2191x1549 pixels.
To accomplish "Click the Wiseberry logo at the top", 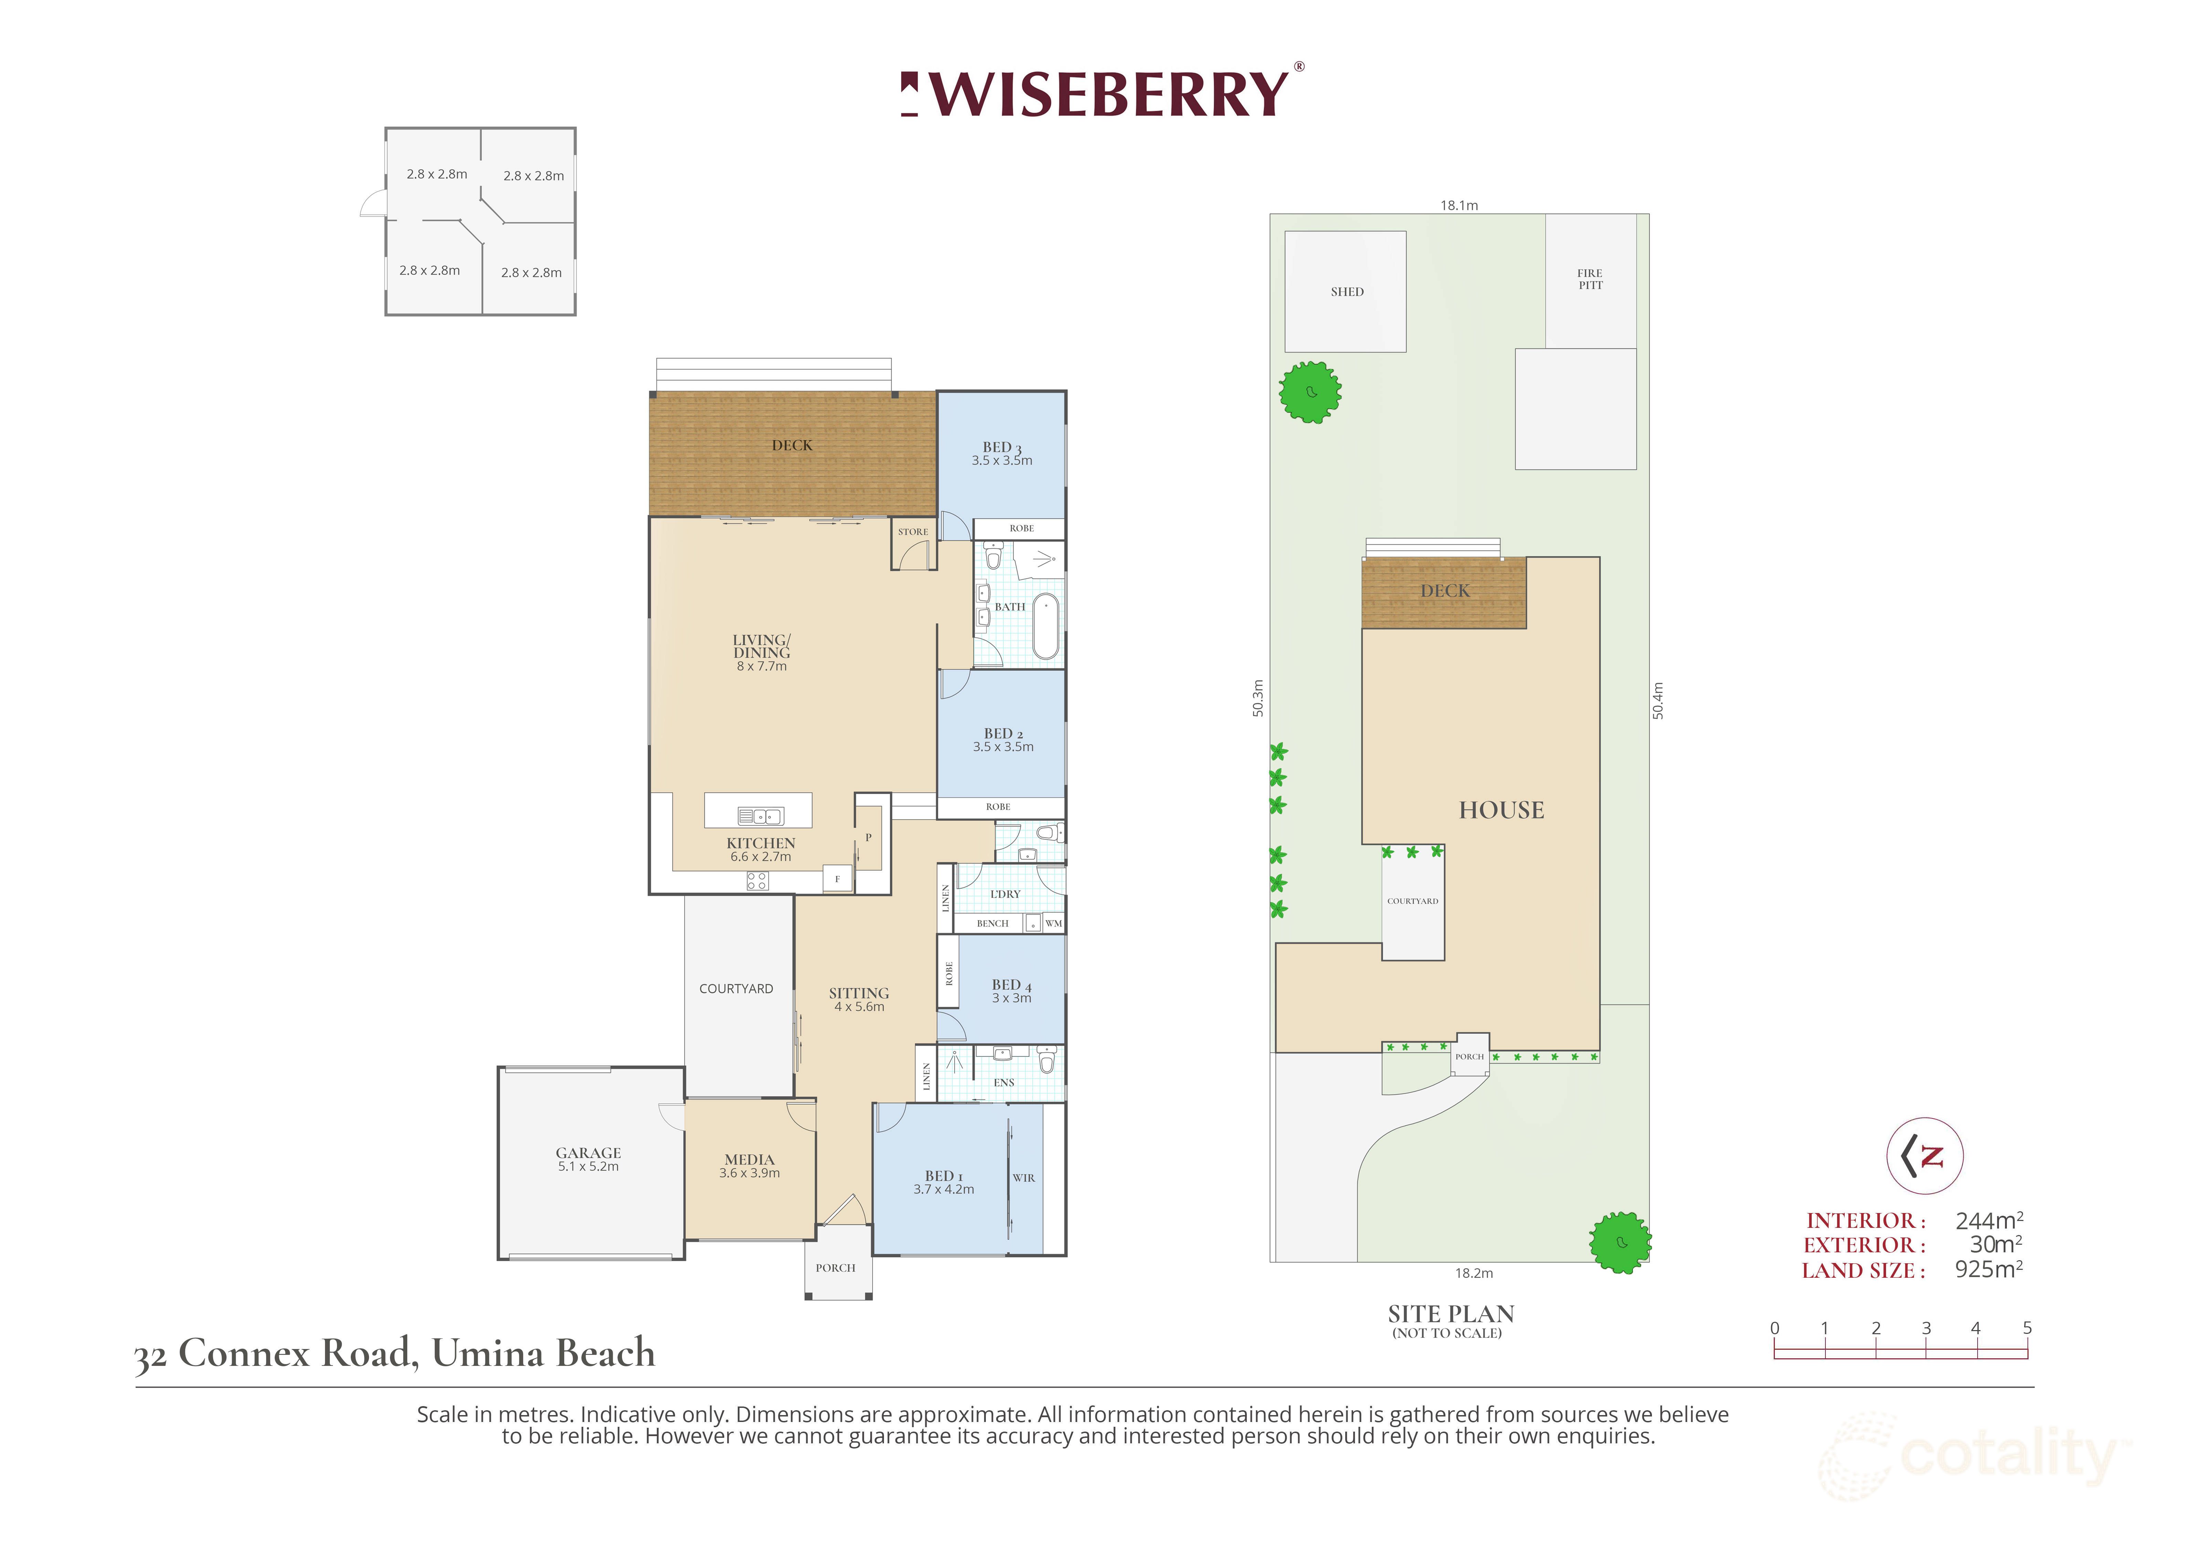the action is pyautogui.click(x=1102, y=94).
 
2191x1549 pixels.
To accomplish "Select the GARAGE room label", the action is pyautogui.click(x=589, y=1153).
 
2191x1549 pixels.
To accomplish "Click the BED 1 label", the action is pyautogui.click(x=944, y=1176).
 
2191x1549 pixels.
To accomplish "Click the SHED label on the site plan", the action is pyautogui.click(x=1347, y=292).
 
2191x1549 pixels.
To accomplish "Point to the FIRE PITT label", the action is pyautogui.click(x=1590, y=279).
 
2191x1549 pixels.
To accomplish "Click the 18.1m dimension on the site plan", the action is pyautogui.click(x=1459, y=205).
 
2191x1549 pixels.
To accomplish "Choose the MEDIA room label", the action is pyautogui.click(x=750, y=1160).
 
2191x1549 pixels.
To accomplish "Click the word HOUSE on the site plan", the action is pyautogui.click(x=1501, y=810).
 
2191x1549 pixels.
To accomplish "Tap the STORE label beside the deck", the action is pyautogui.click(x=913, y=531).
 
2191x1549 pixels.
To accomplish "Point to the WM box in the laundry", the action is pyautogui.click(x=1054, y=923).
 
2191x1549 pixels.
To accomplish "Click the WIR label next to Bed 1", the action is pyautogui.click(x=1024, y=1178).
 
